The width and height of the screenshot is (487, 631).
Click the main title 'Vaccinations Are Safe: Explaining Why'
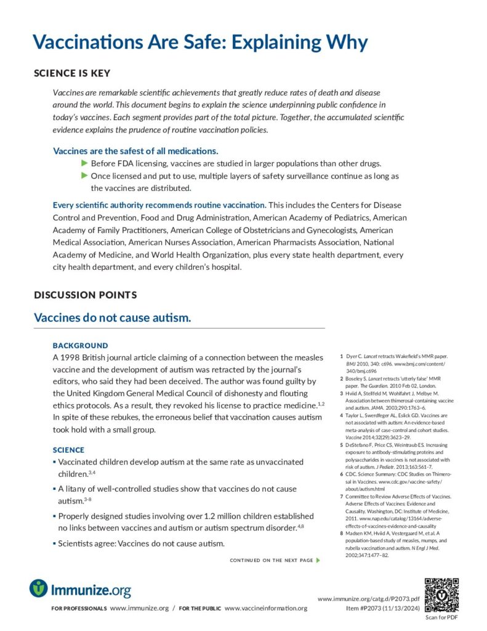(200, 43)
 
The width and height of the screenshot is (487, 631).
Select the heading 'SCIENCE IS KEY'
(72, 73)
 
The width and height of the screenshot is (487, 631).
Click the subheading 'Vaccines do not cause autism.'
(113, 318)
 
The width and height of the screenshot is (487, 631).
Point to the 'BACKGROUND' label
(80, 346)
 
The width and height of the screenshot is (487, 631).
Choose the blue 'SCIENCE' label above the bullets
(68, 450)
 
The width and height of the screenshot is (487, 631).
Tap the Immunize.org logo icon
(38, 588)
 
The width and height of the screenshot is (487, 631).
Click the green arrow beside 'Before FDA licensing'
(85, 163)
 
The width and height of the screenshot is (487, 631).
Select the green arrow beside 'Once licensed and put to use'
(85, 176)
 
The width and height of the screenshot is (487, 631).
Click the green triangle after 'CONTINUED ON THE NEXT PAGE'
(318, 560)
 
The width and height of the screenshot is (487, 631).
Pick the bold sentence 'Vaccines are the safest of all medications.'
(135, 151)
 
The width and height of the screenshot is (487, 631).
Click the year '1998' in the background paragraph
(71, 357)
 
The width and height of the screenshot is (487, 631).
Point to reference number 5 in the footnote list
(342, 444)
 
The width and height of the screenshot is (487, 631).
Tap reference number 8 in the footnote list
(342, 533)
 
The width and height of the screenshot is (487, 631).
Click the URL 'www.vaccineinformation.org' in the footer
(266, 608)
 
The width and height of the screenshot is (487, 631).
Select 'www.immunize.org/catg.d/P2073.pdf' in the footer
(368, 599)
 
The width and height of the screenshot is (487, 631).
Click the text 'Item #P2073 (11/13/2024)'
(383, 608)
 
